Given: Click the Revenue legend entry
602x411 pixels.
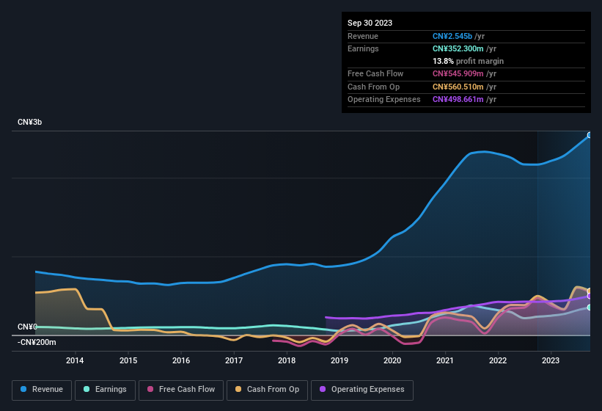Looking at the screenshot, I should pos(42,390).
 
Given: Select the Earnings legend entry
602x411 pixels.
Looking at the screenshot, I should pos(106,390).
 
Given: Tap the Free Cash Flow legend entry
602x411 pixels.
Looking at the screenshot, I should pos(180,390).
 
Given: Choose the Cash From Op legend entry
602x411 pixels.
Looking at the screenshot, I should pos(268,390).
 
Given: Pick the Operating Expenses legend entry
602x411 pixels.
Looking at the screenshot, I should pos(362,390).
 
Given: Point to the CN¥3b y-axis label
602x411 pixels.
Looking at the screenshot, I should pos(30,122).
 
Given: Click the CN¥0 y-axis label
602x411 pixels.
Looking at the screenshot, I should pos(27,327).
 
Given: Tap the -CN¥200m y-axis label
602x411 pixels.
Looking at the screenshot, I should pos(37,342).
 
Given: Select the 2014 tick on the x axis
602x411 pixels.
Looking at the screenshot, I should pos(75,360).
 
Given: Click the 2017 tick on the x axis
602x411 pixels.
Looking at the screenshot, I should pos(234,360).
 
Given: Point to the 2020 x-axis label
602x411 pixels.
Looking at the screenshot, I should pos(392,360).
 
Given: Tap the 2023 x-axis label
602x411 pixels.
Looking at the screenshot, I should pos(551,360).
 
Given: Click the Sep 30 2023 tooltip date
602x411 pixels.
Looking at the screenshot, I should pos(370,23).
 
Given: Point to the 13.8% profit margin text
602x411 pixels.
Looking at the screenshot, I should pos(468,61).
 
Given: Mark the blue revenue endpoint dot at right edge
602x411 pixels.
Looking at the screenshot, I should pos(589,135).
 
